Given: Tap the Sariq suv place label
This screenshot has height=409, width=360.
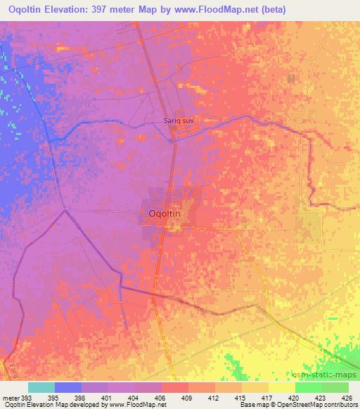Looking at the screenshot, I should [x=179, y=120].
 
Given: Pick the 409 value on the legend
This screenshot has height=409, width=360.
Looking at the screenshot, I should [x=175, y=398].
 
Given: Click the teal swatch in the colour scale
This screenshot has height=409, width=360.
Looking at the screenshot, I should [x=41, y=387].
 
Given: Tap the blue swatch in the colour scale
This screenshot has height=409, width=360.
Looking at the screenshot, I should [x=68, y=387].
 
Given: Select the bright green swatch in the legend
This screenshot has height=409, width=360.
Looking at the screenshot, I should [x=309, y=387].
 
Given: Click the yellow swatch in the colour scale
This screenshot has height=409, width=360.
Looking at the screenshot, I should [x=282, y=387].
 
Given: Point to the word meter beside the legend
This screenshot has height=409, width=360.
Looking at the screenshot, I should [x=11, y=398].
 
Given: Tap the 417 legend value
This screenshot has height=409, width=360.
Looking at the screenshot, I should [x=255, y=398].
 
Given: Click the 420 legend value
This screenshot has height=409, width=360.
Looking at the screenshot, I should [x=282, y=398].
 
